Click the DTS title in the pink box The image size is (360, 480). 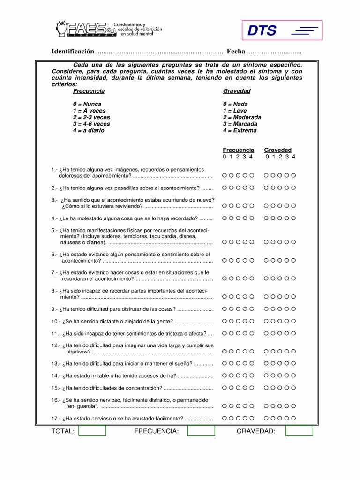[x=262, y=31]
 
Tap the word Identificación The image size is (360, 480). [x=73, y=51]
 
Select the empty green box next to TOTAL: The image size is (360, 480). [x=92, y=431]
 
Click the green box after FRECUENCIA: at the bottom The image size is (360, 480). [x=201, y=431]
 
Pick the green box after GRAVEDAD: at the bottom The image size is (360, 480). [x=299, y=431]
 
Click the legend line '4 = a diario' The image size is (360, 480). [x=89, y=131]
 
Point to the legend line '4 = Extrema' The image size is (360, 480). [x=240, y=131]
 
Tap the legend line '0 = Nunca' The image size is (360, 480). [x=87, y=104]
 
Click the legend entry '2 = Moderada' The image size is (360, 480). [x=242, y=117]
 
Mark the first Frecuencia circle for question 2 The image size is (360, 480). [x=225, y=187]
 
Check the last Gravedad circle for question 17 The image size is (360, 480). [x=293, y=418]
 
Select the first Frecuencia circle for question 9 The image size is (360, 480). [x=225, y=309]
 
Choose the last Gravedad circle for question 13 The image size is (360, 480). [x=293, y=363]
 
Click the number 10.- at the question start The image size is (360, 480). [x=56, y=321]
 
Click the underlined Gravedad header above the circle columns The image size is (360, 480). [x=277, y=150]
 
